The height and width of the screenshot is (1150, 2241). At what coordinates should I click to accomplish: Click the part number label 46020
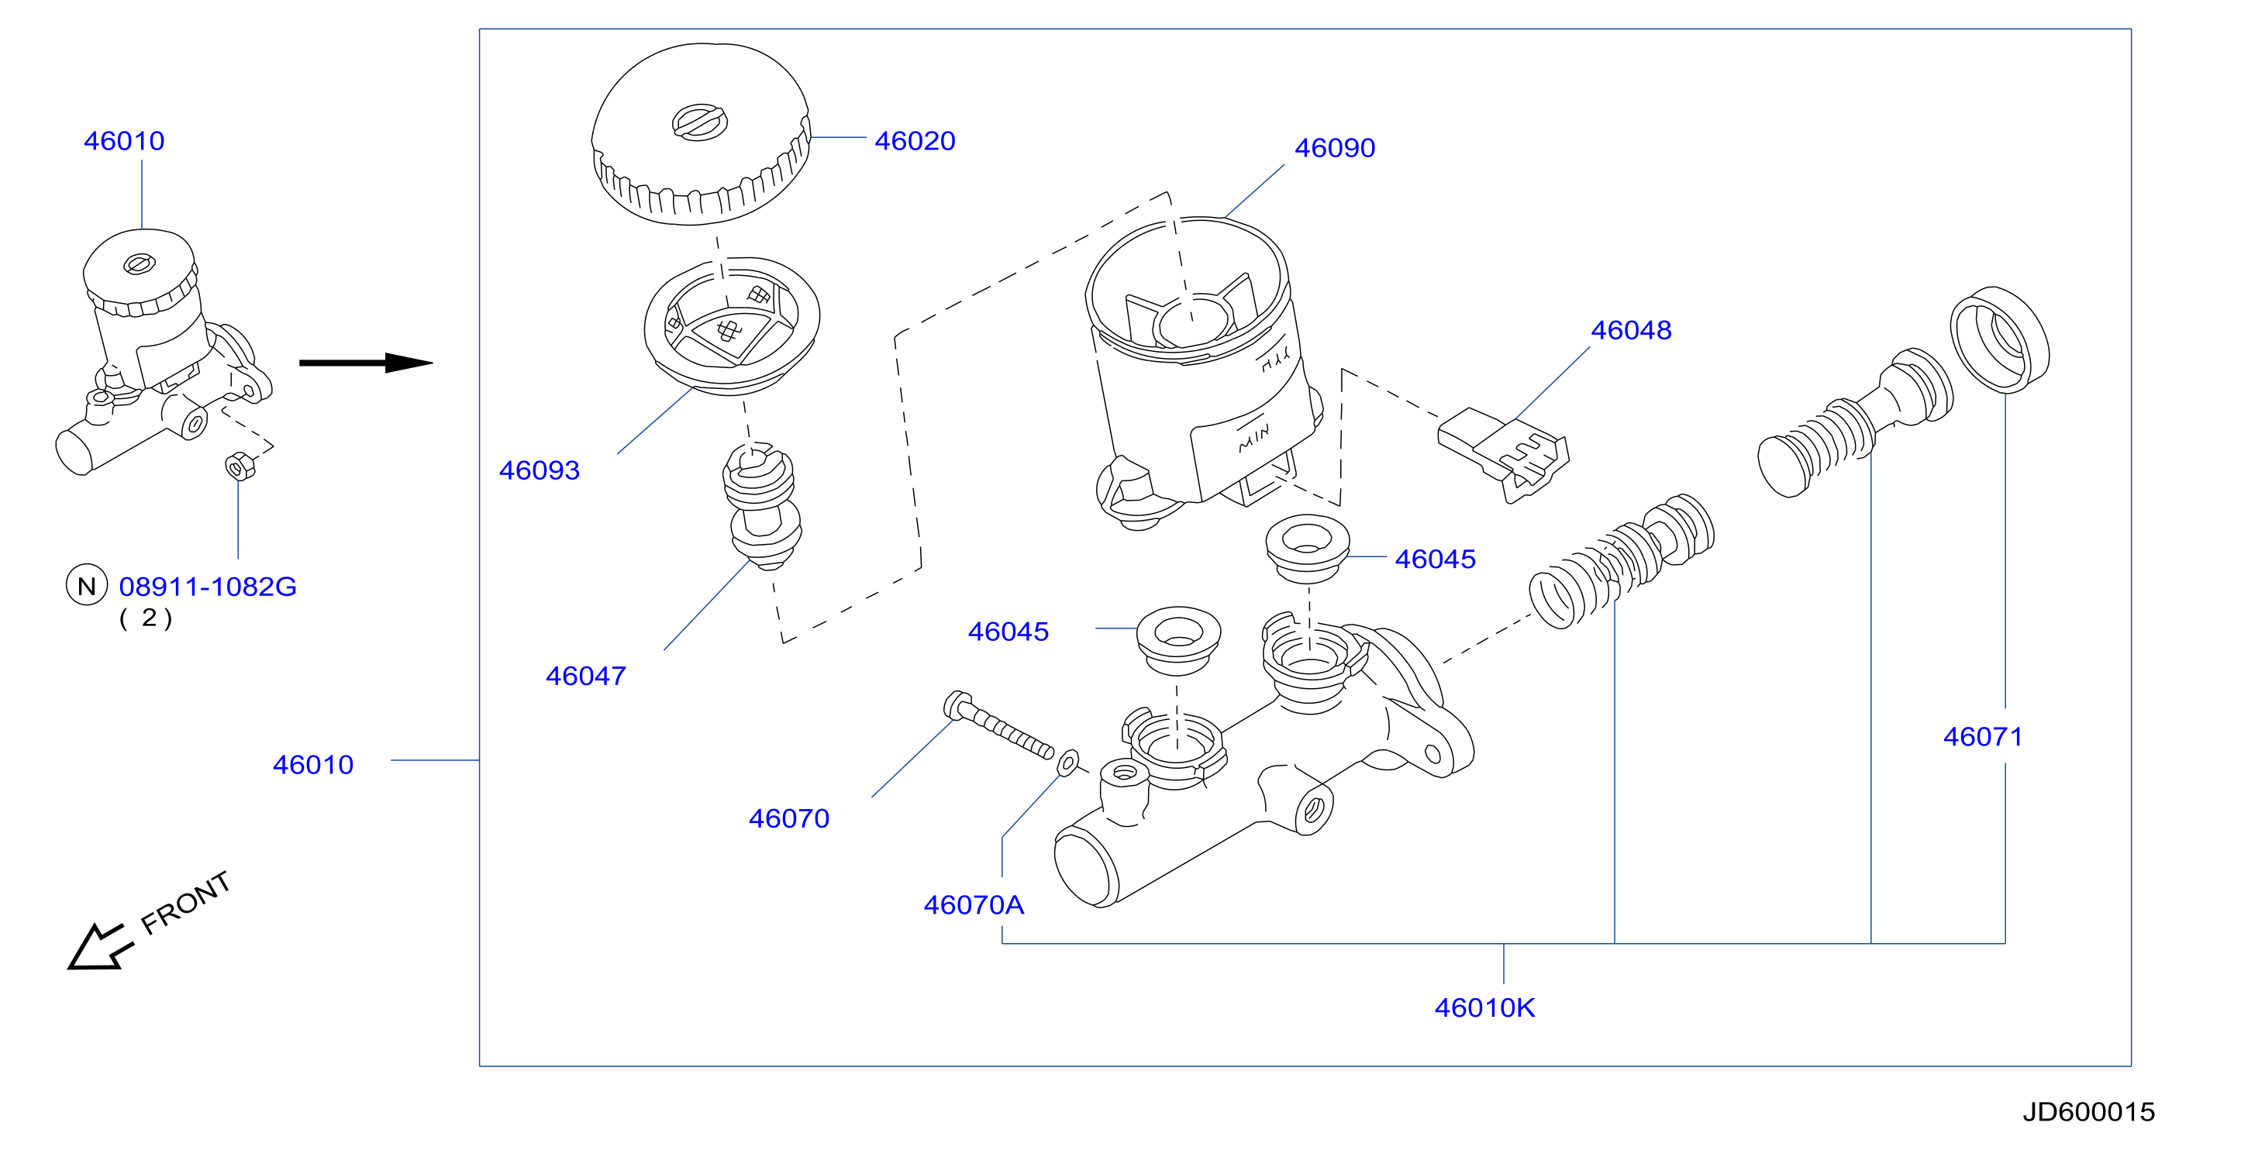(915, 141)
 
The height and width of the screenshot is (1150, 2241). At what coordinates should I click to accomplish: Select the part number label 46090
(1335, 148)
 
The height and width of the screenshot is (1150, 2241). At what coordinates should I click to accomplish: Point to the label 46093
(540, 470)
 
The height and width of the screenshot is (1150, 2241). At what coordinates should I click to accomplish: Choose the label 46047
(585, 676)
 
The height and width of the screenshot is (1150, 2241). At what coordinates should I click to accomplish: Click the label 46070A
(974, 904)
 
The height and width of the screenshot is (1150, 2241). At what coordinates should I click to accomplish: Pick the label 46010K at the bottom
(1484, 1007)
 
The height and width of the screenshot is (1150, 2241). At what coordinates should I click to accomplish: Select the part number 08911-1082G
(208, 587)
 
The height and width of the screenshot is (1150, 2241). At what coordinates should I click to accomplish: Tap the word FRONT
(185, 902)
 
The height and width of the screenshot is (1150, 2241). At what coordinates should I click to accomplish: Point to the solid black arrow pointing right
(366, 363)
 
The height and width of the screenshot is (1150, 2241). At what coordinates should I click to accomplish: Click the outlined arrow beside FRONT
(99, 945)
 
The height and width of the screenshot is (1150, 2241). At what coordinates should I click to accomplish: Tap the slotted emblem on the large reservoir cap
(699, 122)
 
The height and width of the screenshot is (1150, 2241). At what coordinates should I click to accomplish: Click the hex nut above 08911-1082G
(240, 467)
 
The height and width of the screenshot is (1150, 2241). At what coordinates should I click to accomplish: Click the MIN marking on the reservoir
(1253, 439)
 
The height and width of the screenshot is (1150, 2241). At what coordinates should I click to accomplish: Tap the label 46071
(1983, 737)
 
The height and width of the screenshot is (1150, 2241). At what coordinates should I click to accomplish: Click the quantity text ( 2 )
(147, 618)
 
